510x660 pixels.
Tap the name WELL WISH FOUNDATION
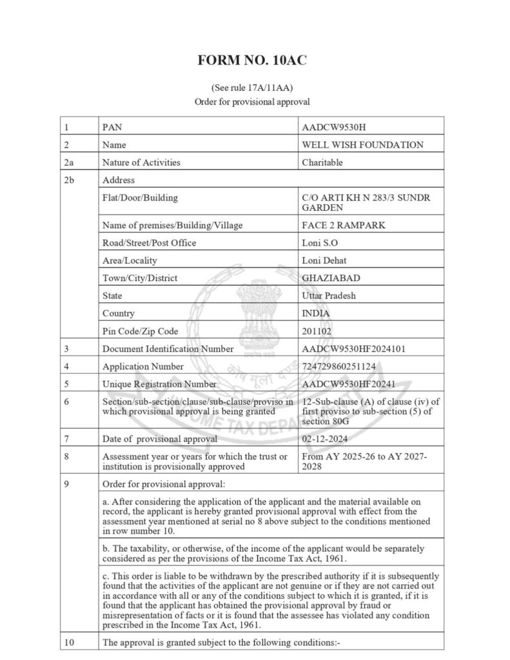pos(363,145)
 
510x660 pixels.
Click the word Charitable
pos(322,162)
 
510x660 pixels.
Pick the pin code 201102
pos(318,331)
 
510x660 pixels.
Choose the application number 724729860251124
pos(343,366)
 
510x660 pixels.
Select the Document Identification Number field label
pos(168,349)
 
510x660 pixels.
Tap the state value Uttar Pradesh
pos(328,296)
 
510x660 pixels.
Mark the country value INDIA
pos(316,313)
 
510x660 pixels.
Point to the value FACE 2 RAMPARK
pos(339,226)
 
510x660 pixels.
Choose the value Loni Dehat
pos(323,260)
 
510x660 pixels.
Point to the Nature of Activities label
pos(141,162)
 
